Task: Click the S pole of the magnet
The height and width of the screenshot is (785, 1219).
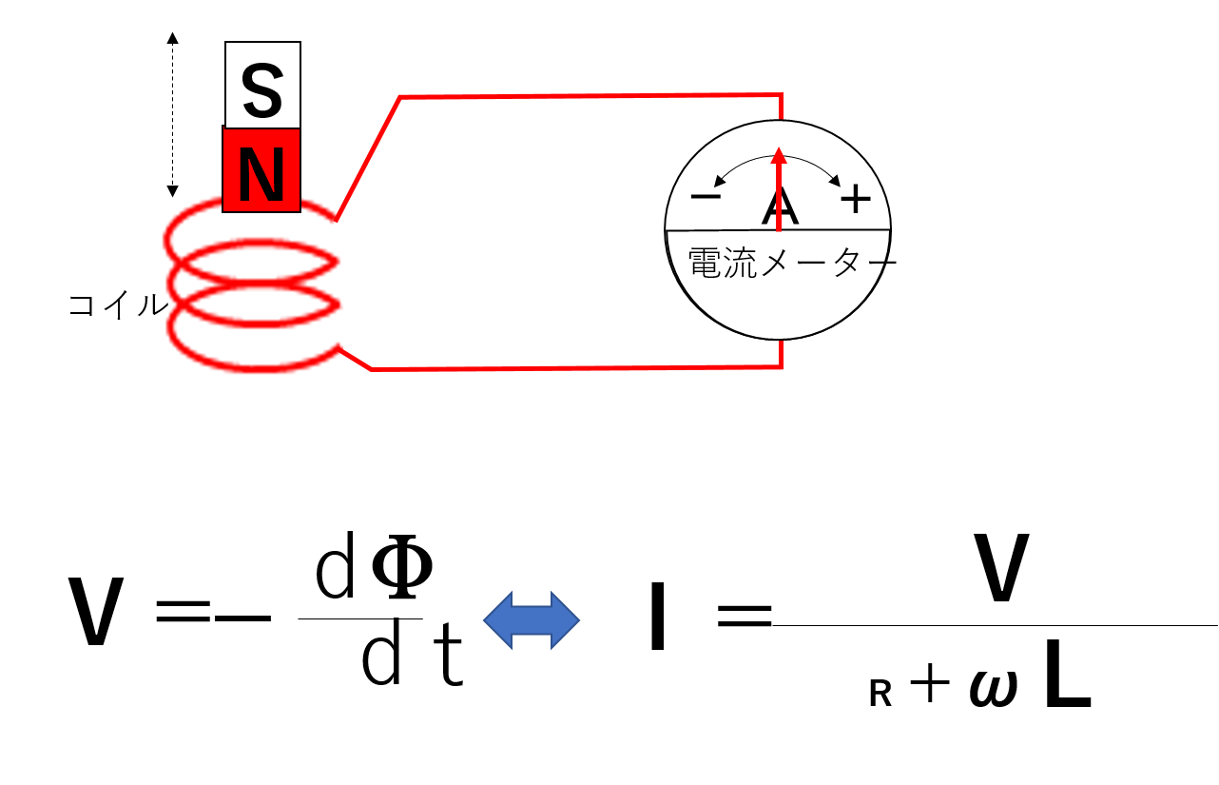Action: pyautogui.click(x=262, y=85)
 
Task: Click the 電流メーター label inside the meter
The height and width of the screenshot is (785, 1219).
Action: pyautogui.click(x=792, y=263)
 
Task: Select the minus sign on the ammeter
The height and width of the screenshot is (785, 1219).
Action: pyautogui.click(x=706, y=196)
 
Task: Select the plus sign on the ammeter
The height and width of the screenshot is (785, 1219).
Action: pyautogui.click(x=856, y=199)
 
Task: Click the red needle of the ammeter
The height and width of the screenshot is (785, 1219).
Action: pyautogui.click(x=779, y=189)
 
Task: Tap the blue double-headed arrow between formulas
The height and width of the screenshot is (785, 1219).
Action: pyautogui.click(x=532, y=620)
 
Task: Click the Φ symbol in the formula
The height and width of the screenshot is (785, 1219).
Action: pyautogui.click(x=402, y=566)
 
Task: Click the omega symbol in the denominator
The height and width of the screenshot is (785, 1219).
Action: pyautogui.click(x=994, y=688)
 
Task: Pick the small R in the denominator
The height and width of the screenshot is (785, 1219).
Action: pyautogui.click(x=880, y=694)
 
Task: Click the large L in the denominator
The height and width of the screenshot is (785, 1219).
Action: pyautogui.click(x=1068, y=674)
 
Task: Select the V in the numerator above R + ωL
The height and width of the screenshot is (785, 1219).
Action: pyautogui.click(x=1001, y=567)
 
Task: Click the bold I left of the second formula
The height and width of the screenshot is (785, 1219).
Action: pyautogui.click(x=657, y=617)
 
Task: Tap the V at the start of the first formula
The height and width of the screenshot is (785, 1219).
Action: pyautogui.click(x=96, y=611)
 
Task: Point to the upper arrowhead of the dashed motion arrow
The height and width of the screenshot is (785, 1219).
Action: pyautogui.click(x=172, y=38)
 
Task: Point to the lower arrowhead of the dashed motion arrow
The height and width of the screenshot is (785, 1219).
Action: pyautogui.click(x=172, y=191)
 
